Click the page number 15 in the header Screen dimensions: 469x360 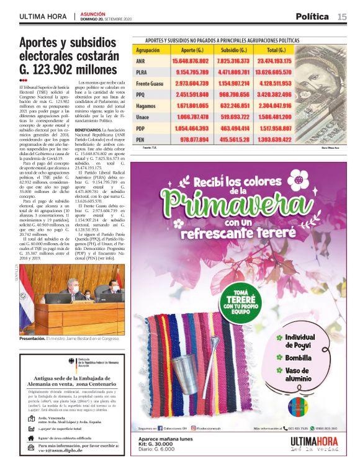(x=342, y=17)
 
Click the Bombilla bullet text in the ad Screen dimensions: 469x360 (x=301, y=358)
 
